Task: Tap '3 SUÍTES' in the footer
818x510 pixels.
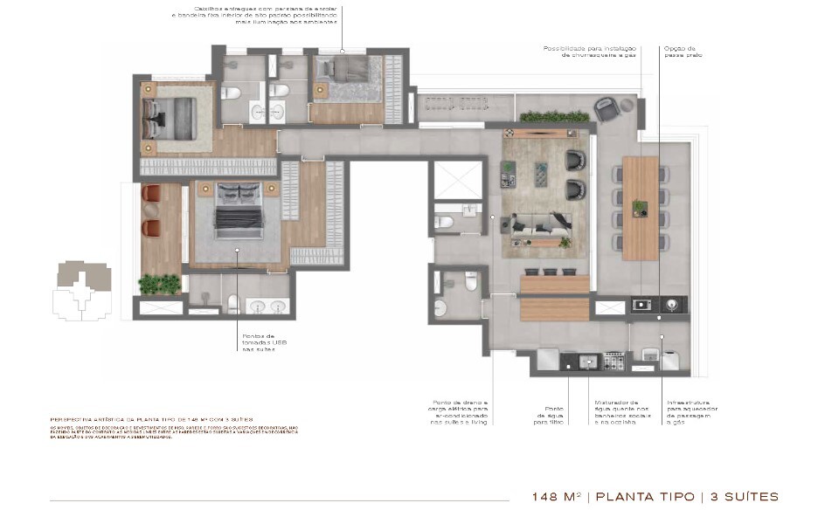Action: pyautogui.click(x=742, y=496)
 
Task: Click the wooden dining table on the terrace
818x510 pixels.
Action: pyautogui.click(x=641, y=207)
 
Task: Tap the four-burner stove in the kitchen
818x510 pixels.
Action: pyautogui.click(x=647, y=305)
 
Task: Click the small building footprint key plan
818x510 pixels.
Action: pyautogui.click(x=81, y=289)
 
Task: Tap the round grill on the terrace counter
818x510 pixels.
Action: pyautogui.click(x=672, y=305)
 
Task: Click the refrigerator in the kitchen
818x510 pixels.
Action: pyautogui.click(x=547, y=358)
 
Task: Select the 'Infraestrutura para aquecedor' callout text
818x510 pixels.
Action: pyautogui.click(x=684, y=412)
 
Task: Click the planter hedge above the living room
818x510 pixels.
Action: pyautogui.click(x=554, y=116)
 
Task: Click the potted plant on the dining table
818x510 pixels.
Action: pyautogui.click(x=641, y=207)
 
